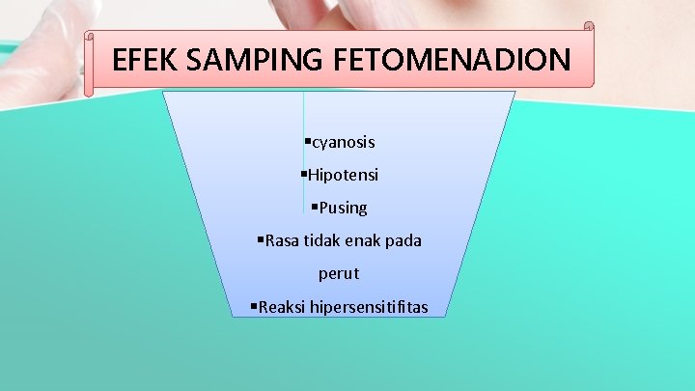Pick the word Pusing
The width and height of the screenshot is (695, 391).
click(x=343, y=208)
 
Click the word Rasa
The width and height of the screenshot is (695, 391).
click(x=283, y=240)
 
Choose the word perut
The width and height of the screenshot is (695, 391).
click(x=339, y=273)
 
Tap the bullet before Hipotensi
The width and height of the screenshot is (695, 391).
click(x=303, y=175)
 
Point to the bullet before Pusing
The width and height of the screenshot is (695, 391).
click(x=315, y=207)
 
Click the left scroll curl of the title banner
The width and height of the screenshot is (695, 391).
click(x=89, y=63)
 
